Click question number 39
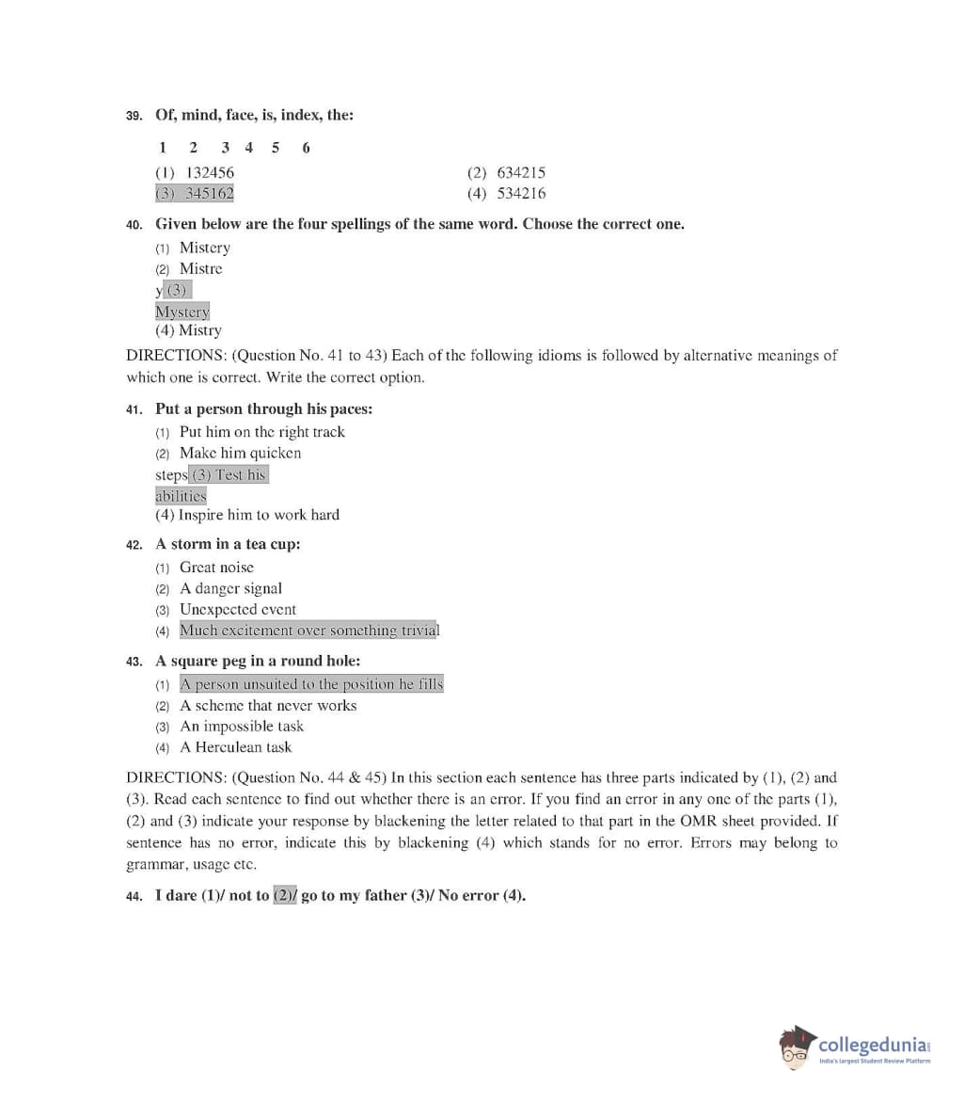point(134,116)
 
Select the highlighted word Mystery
point(182,312)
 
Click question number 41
point(134,409)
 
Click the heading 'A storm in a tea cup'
point(228,545)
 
